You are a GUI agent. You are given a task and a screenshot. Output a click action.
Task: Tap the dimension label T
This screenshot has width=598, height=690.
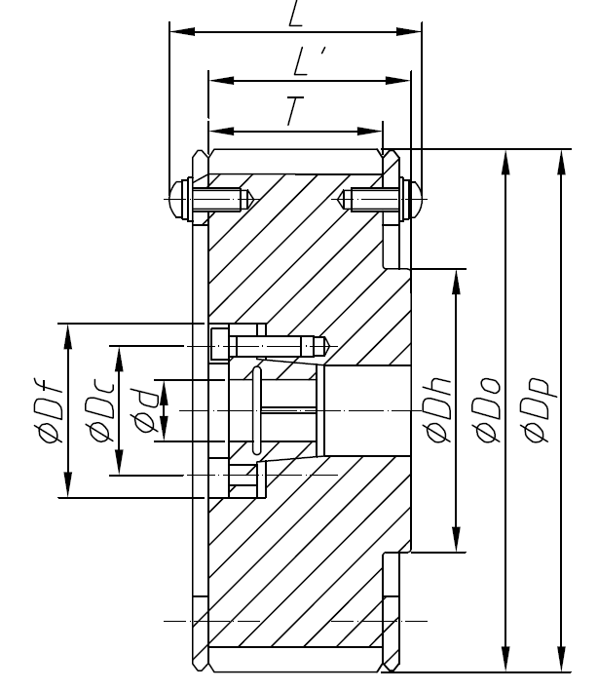tap(295, 113)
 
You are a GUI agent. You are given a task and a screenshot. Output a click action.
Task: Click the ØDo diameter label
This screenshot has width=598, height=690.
tap(486, 410)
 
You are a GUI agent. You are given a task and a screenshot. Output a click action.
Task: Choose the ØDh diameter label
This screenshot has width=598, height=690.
tap(434, 410)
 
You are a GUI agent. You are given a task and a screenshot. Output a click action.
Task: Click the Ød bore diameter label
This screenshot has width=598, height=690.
tap(145, 410)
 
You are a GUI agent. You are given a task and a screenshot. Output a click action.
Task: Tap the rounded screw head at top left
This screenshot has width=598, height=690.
tap(177, 200)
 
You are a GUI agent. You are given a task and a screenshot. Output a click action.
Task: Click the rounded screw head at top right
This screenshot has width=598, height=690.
tap(413, 200)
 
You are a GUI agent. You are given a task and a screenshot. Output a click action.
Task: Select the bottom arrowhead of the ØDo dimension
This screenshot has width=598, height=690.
tap(505, 662)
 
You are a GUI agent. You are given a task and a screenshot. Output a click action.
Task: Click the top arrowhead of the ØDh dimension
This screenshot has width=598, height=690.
tap(454, 279)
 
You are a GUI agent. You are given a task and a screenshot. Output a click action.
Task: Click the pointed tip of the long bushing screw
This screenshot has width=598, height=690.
tap(328, 345)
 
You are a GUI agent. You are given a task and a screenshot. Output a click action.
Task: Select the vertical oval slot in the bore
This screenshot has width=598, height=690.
tap(255, 410)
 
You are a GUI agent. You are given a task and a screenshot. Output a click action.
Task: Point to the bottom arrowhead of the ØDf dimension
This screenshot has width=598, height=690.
tap(69, 488)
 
